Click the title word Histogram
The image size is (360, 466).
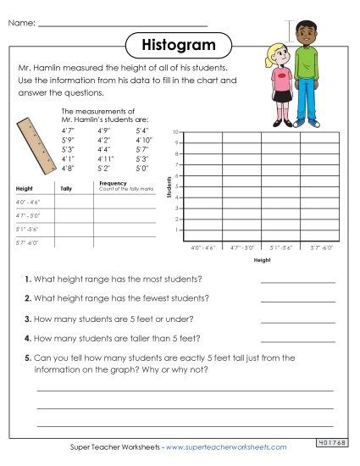click(x=180, y=43)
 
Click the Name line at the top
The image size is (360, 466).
click(x=123, y=25)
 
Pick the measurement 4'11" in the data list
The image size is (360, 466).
click(x=106, y=158)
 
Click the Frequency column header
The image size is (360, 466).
click(x=113, y=183)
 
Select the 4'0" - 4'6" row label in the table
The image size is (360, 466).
click(x=28, y=202)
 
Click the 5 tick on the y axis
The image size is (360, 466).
click(x=176, y=186)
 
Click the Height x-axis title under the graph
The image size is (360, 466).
click(x=262, y=260)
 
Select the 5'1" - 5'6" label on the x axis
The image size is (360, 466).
click(x=280, y=247)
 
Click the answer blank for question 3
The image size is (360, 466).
click(x=297, y=320)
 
